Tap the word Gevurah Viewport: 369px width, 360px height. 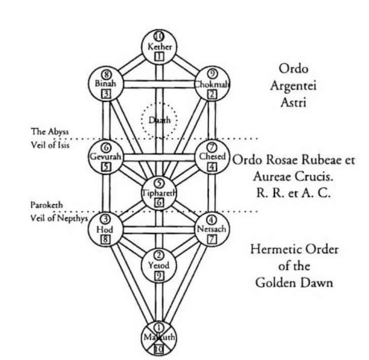[x=106, y=157]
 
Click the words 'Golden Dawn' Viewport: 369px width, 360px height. [x=294, y=282]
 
